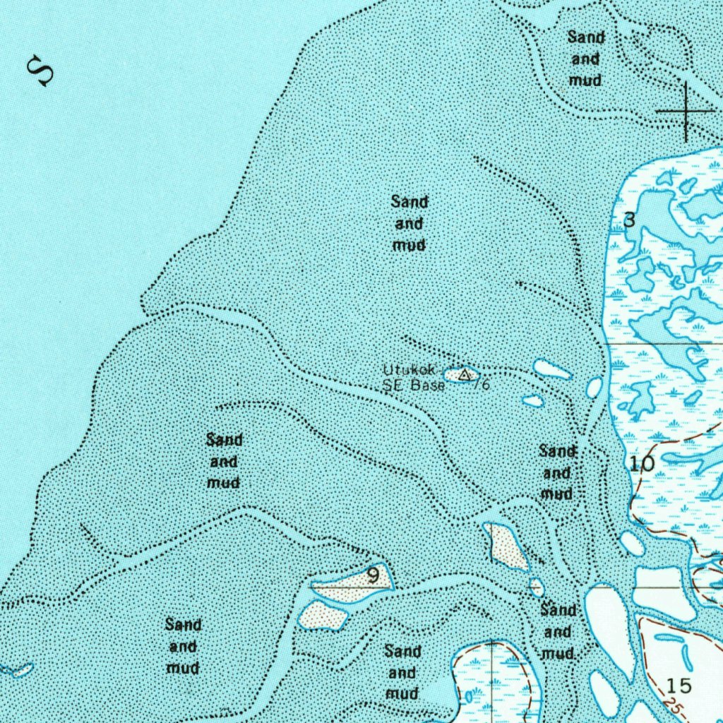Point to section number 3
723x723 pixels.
pyautogui.click(x=630, y=220)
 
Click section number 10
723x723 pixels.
pyautogui.click(x=642, y=464)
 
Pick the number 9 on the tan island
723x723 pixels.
pyautogui.click(x=373, y=576)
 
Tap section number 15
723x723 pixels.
pyautogui.click(x=679, y=686)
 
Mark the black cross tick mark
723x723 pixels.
pyautogui.click(x=685, y=112)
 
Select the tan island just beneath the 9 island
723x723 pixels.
pyautogui.click(x=323, y=616)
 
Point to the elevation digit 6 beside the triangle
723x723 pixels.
pyautogui.click(x=485, y=385)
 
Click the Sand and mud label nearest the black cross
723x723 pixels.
pyautogui.click(x=585, y=59)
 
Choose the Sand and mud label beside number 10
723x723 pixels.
pyautogui.click(x=556, y=472)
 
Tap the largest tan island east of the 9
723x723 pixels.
pyautogui.click(x=506, y=546)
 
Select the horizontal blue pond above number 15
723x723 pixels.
pyautogui.click(x=668, y=638)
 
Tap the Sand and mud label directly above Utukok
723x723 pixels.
pyautogui.click(x=410, y=223)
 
